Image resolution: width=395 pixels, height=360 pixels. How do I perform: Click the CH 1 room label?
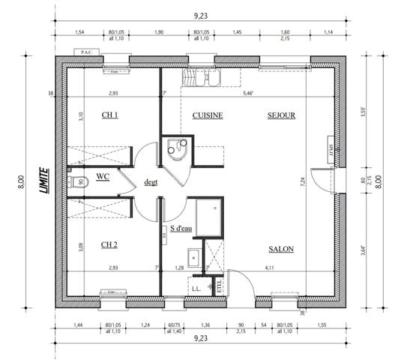pyautogui.click(x=110, y=115)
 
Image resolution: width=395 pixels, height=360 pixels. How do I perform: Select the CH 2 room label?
pyautogui.click(x=110, y=244)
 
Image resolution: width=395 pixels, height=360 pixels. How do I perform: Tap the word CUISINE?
pyautogui.click(x=208, y=116)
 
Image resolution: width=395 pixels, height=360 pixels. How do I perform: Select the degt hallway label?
pyautogui.click(x=151, y=181)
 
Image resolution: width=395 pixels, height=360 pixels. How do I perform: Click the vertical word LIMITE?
pyautogui.click(x=44, y=180)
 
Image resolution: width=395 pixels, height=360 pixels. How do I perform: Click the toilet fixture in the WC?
pyautogui.click(x=82, y=181)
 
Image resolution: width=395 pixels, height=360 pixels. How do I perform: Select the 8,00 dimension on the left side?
pyautogui.click(x=22, y=180)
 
